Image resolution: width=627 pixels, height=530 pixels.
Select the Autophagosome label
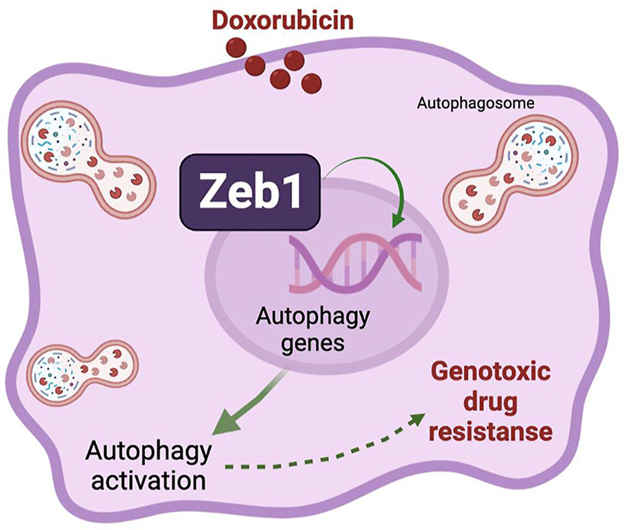[475, 104]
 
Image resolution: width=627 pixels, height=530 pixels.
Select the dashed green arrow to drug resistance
[325, 449]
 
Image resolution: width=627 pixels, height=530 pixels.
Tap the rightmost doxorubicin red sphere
[311, 83]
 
